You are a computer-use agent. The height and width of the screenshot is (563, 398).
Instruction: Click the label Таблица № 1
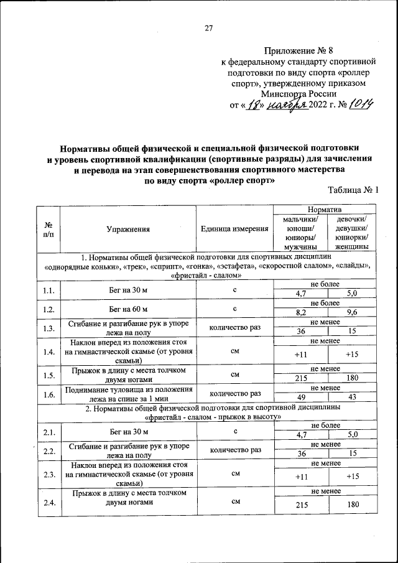[x=352, y=192]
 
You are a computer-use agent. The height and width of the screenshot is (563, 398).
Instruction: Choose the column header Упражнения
[x=128, y=229]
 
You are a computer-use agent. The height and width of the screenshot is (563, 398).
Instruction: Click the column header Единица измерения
[x=234, y=229]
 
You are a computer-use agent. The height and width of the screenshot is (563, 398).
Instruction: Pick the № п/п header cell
[x=49, y=229]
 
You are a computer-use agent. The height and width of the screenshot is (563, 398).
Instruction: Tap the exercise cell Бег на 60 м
[x=128, y=309]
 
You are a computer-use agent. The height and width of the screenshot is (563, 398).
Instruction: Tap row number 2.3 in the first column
[x=49, y=475]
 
